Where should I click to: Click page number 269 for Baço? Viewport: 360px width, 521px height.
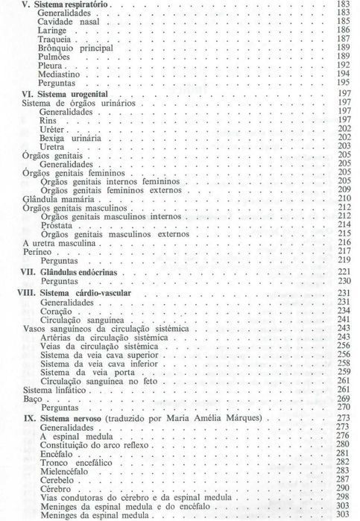click(x=343, y=398)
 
